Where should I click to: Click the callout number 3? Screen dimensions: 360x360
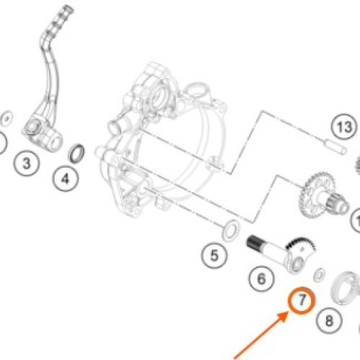point(27,163)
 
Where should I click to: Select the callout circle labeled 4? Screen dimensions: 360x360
point(66,179)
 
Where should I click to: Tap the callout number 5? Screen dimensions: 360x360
point(214,256)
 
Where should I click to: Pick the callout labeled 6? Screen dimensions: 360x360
point(261,279)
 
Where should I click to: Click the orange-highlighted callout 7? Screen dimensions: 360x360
point(302,300)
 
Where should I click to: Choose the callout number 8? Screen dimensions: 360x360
point(329,320)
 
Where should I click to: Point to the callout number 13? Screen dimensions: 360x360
point(344,127)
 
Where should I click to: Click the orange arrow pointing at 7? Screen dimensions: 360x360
point(261,335)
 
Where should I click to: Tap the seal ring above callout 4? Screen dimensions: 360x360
point(76,153)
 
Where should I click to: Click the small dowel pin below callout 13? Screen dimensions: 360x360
point(336,147)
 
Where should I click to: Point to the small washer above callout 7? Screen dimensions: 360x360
point(319,274)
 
